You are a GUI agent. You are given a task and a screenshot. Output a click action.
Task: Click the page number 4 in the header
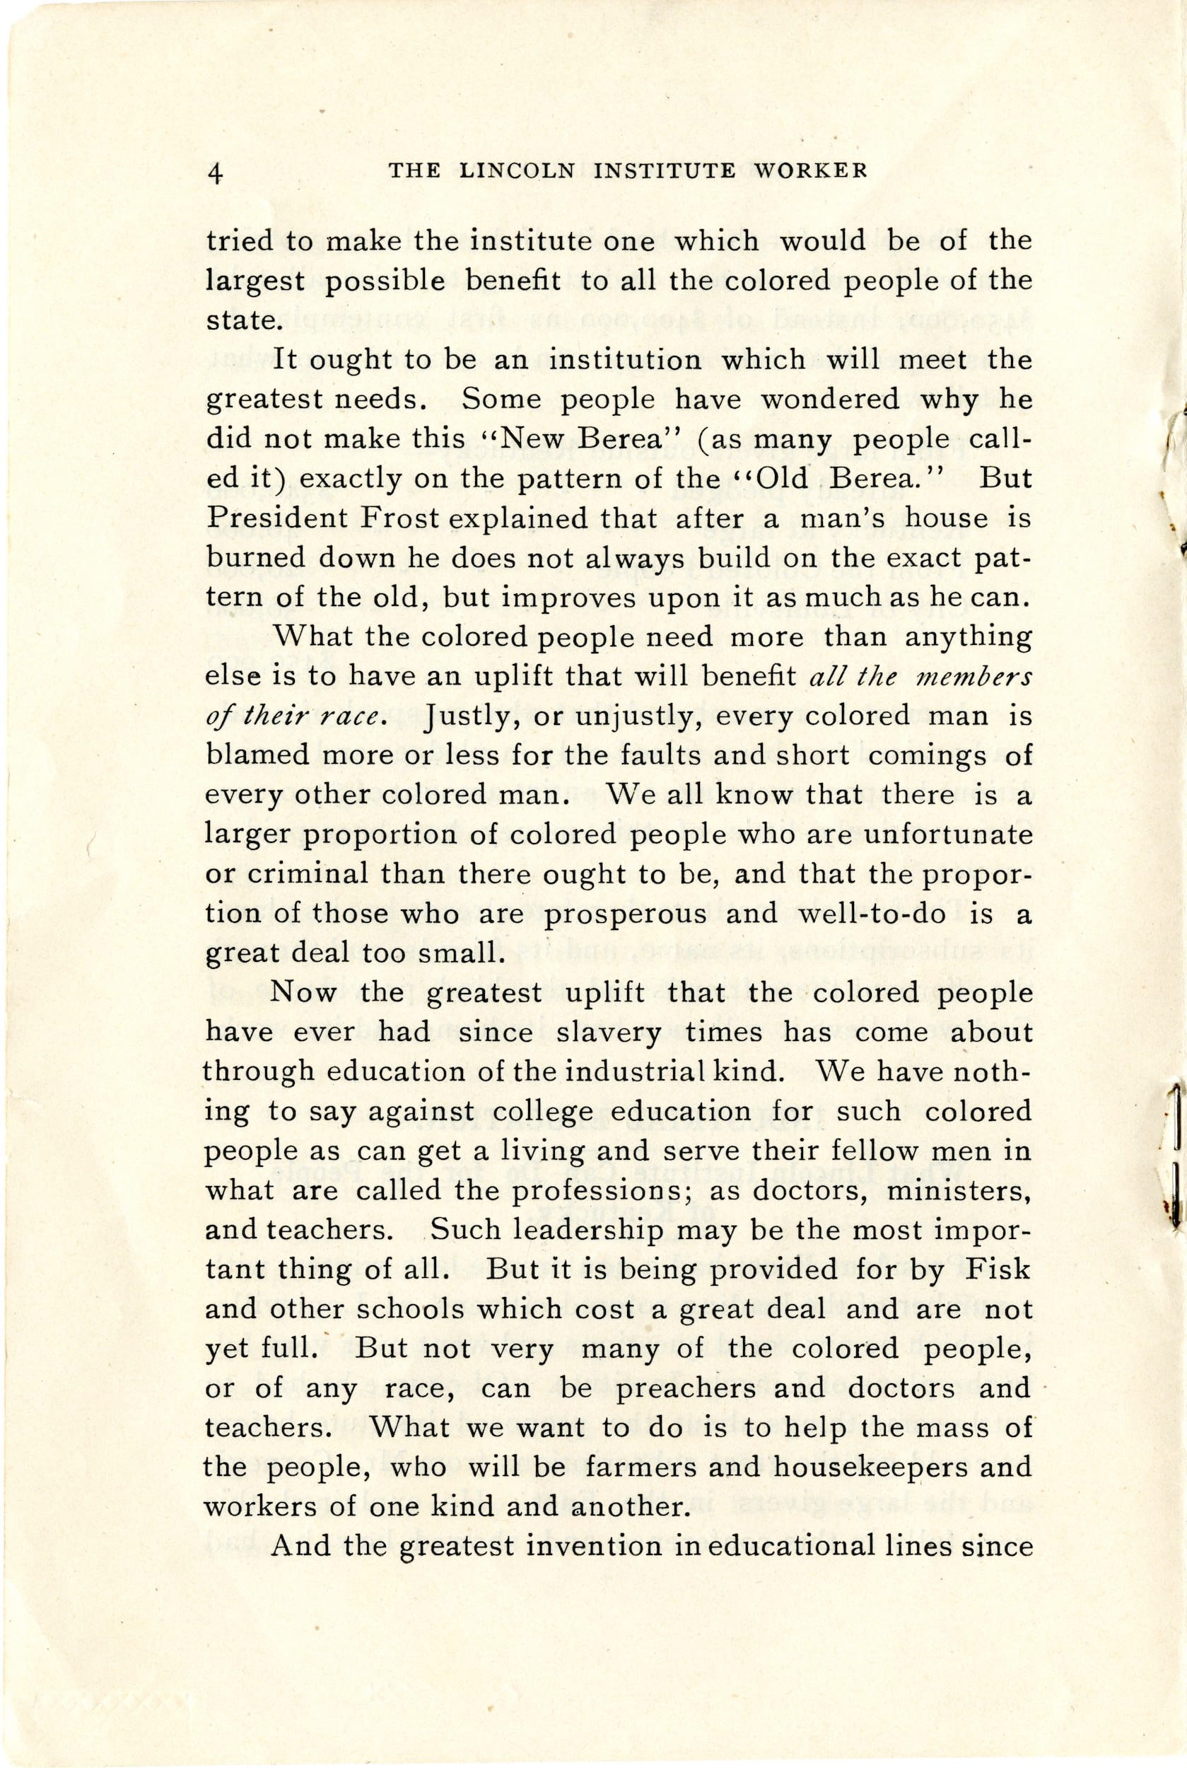pyautogui.click(x=216, y=173)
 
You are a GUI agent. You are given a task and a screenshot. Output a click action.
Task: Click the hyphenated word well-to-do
pyautogui.click(x=873, y=913)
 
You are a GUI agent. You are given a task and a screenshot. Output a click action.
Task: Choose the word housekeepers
pyautogui.click(x=870, y=1467)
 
